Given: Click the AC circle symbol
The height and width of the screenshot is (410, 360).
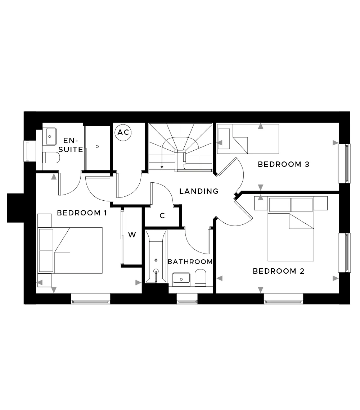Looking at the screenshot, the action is [123, 133].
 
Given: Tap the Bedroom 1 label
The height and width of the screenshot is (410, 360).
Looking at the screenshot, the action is [82, 213].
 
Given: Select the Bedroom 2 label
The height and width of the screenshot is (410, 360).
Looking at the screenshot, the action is [279, 271].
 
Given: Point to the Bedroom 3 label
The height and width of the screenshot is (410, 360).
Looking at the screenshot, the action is [284, 164].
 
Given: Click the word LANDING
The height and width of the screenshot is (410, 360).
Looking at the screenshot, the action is [199, 191].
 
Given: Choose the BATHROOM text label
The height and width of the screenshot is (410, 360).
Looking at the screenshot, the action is [190, 262].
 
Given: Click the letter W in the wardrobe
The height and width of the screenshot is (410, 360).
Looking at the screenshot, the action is [132, 235].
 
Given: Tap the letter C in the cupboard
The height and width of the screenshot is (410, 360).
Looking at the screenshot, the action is [162, 216].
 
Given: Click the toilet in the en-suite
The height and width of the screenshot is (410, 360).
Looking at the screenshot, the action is [51, 158].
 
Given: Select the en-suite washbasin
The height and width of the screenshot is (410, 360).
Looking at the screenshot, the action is [51, 137].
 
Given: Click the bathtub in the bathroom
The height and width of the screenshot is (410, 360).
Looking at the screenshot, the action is [156, 257].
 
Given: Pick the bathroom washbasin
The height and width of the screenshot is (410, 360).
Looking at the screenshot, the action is [181, 279].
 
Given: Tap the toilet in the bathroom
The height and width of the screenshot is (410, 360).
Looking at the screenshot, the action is [201, 278].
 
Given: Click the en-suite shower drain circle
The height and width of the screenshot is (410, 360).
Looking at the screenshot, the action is [97, 146].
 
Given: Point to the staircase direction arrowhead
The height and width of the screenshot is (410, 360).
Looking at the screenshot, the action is [162, 167].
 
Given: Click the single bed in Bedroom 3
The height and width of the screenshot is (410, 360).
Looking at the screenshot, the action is [248, 139].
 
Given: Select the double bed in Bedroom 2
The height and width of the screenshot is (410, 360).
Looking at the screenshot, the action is [291, 229].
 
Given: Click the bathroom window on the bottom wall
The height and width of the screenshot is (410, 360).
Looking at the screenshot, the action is [187, 299].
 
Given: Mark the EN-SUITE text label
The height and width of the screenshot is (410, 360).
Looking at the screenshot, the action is [71, 145].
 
